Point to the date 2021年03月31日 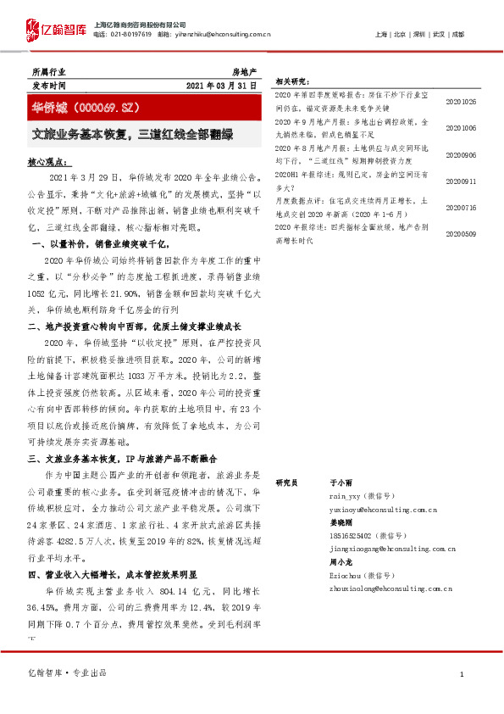tap(226, 86)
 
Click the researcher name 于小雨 tap(341, 481)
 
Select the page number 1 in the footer tap(461, 673)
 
